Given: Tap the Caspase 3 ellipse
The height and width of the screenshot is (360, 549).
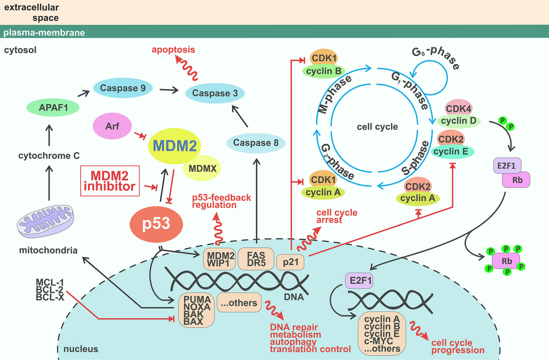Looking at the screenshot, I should tap(214, 93).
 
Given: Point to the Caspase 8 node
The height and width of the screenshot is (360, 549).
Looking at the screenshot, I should tap(256, 143).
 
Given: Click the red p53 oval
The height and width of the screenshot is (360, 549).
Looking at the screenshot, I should tap(156, 223).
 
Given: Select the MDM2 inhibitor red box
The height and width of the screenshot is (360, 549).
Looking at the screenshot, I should tap(110, 181).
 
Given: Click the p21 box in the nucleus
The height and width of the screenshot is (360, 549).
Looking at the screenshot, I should tap(292, 261).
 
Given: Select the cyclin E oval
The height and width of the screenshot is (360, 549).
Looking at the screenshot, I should tap(452, 151).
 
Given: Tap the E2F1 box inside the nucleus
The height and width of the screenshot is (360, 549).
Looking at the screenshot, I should tap(359, 281).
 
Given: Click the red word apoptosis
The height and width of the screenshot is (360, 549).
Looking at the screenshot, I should tap(173, 50).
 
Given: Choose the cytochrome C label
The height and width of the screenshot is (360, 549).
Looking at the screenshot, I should tap(49, 156).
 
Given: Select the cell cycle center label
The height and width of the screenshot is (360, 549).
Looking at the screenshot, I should tap(377, 127).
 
